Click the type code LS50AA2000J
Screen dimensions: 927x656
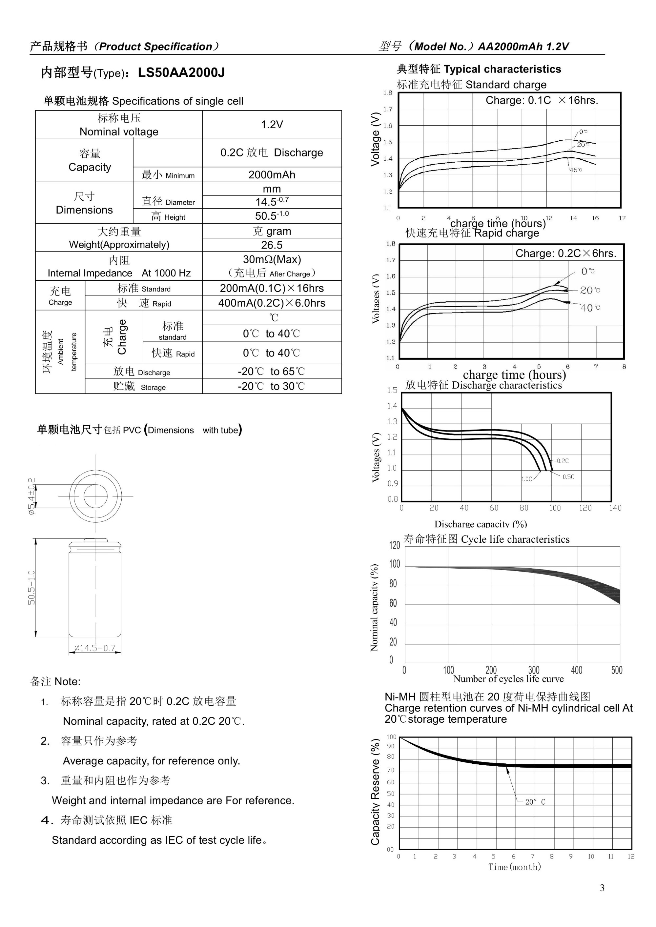pos(181,73)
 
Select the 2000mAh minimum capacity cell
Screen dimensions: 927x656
pos(272,175)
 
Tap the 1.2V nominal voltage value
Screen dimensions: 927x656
pos(272,124)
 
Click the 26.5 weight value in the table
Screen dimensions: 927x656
pos(272,245)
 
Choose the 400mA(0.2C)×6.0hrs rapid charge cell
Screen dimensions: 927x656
pos(272,303)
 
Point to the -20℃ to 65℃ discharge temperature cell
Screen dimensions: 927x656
pos(272,372)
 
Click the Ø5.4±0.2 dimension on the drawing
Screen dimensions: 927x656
pos(31,496)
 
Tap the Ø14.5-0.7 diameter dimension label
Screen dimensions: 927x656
pos(95,648)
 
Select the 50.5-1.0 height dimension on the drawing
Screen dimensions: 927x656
pos(31,588)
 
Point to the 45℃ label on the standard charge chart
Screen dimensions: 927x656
pos(576,170)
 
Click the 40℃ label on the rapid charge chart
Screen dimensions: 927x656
pos(590,308)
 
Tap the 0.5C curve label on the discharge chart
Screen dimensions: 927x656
pos(568,477)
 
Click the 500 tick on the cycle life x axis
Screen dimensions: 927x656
pos(616,670)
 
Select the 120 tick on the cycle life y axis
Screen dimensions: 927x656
pos(394,545)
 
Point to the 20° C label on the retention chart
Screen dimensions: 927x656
pos(535,802)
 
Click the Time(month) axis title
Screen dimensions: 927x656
pos(514,867)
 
